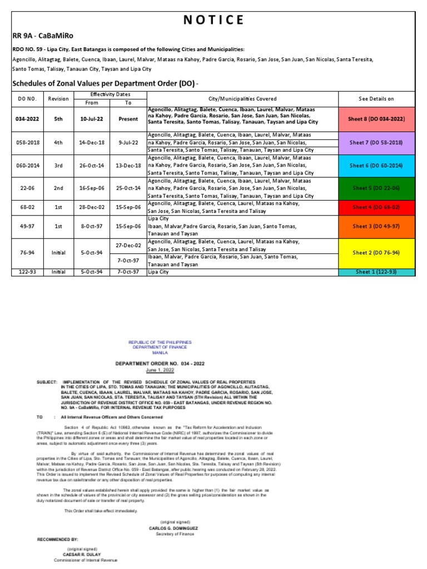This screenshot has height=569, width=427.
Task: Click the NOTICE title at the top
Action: click(213, 20)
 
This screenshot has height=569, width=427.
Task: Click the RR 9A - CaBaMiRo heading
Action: click(38, 36)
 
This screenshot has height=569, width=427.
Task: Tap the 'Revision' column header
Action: click(58, 98)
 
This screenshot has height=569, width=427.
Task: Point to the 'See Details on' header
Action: click(376, 98)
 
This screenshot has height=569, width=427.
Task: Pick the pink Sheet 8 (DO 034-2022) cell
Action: click(376, 118)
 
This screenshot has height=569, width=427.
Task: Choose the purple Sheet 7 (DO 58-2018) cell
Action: click(376, 142)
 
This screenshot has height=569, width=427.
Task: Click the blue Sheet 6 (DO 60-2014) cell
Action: click(376, 166)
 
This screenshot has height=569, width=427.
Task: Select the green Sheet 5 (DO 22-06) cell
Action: click(376, 188)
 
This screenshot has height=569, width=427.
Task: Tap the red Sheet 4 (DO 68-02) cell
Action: click(376, 207)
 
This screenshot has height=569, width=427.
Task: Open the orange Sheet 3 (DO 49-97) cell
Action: click(376, 226)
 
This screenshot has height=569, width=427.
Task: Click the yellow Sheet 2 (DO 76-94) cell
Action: click(376, 253)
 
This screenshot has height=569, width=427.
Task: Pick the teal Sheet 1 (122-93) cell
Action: click(376, 272)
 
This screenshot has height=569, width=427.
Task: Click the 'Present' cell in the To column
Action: click(128, 118)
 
